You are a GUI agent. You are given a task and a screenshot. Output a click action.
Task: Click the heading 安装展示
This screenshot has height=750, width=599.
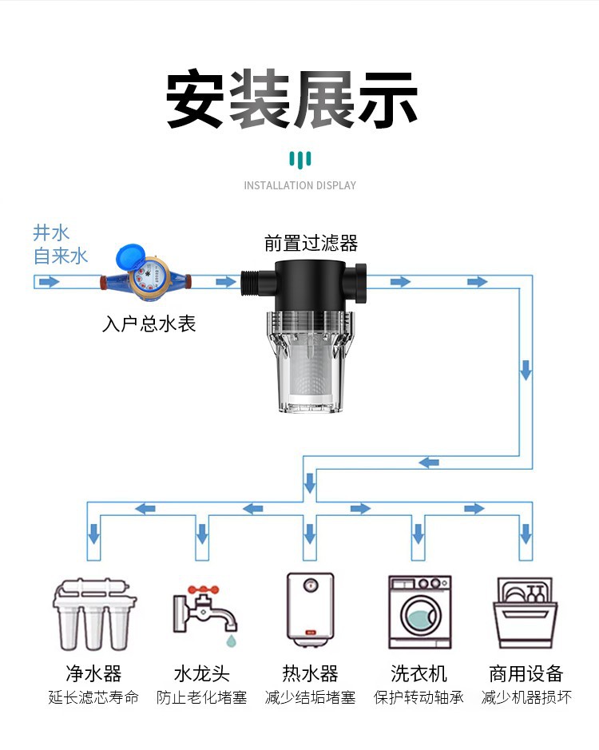pyautogui.click(x=292, y=99)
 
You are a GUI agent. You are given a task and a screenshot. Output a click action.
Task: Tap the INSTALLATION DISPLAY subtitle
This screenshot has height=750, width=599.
pyautogui.click(x=299, y=185)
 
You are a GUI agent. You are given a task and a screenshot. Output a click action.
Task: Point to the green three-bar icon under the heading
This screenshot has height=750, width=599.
pyautogui.click(x=299, y=158)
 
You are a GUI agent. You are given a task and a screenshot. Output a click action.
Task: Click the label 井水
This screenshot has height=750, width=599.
pyautogui.click(x=51, y=233)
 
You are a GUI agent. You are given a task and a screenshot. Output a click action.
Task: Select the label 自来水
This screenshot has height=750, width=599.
pyautogui.click(x=60, y=256)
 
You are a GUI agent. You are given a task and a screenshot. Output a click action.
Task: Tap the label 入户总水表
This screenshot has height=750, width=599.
pyautogui.click(x=149, y=324)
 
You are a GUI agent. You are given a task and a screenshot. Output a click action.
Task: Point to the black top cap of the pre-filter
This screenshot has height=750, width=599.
pyautogui.click(x=311, y=284)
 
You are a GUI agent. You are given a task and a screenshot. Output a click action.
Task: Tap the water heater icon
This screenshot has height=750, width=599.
pyautogui.click(x=310, y=609)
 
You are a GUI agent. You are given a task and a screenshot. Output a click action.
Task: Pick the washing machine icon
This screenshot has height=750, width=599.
pyautogui.click(x=419, y=612)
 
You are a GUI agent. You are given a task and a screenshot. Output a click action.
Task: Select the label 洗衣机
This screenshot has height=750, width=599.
pyautogui.click(x=419, y=673)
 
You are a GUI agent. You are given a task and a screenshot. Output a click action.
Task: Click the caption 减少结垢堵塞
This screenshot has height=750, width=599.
pyautogui.click(x=310, y=697)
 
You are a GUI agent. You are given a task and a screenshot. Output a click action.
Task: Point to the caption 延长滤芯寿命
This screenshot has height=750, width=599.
pyautogui.click(x=93, y=697)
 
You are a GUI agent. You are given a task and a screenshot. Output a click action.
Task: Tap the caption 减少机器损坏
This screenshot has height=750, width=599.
pyautogui.click(x=526, y=697)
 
